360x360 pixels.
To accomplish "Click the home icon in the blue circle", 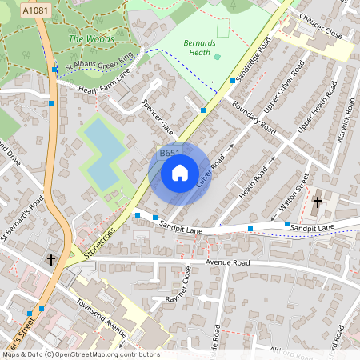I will [180, 172].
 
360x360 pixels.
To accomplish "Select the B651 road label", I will [170, 153].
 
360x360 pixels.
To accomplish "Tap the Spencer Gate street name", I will [157, 116].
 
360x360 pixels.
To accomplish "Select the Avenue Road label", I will [228, 262].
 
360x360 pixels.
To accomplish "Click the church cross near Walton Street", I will [317, 202].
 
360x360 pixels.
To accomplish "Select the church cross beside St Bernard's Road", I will [51, 260].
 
